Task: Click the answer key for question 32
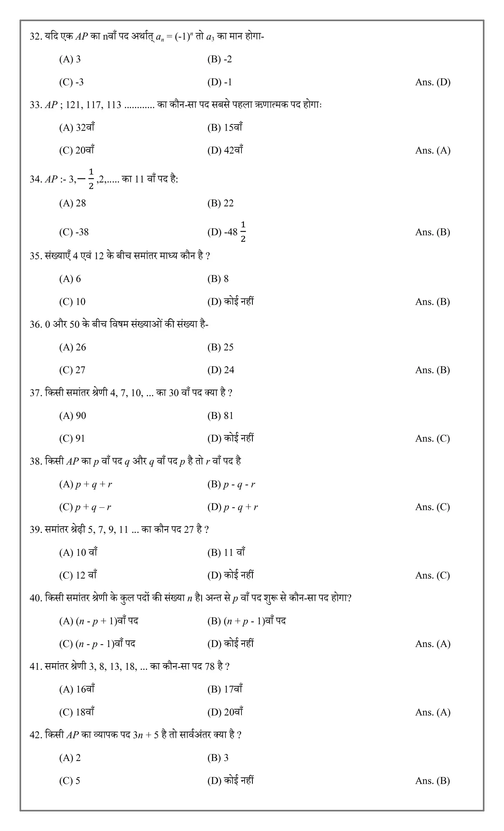point(433,82)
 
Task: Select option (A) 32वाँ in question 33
point(77,128)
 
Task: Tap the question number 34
point(36,179)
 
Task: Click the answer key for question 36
point(432,370)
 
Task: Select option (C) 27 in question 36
point(72,370)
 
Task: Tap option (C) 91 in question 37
point(72,438)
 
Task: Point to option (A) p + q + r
point(85,484)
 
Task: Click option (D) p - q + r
point(232,507)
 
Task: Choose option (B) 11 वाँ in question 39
point(226,552)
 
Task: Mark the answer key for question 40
point(433,644)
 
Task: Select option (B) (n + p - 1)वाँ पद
point(246,621)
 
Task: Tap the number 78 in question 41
point(210,666)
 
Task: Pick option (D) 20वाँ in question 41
point(225,712)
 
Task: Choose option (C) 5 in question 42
point(70,781)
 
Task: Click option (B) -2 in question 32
point(219,59)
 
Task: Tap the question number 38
point(36,461)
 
